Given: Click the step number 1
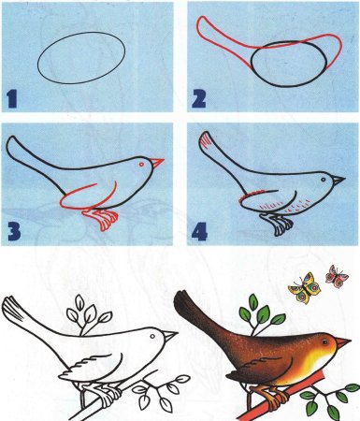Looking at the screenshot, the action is [11, 99].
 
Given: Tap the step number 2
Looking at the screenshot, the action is [199, 99].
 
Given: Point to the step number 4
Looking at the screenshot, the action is [200, 232].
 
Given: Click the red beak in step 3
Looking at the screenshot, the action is [157, 163].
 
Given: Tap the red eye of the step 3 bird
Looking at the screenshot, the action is [141, 164].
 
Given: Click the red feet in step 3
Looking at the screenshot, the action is [101, 219].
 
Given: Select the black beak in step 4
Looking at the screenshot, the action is [338, 180].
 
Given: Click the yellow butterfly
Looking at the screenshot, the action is [304, 288].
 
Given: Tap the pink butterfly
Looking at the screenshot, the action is [337, 276].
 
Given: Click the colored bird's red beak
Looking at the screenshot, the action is [343, 343].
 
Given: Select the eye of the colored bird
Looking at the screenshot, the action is [325, 342].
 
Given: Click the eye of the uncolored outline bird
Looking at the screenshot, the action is [152, 336].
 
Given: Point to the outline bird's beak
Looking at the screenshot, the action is [170, 337].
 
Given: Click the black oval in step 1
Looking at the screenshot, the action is [81, 58].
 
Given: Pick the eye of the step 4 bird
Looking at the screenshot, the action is [324, 180].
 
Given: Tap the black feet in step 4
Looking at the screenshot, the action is [278, 225].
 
